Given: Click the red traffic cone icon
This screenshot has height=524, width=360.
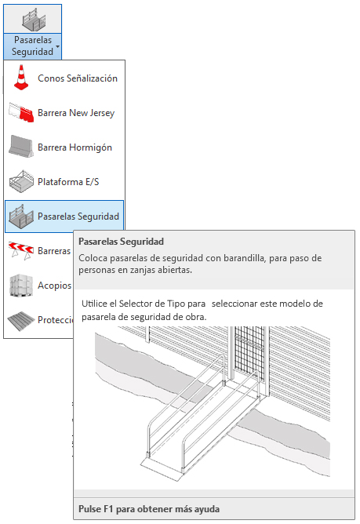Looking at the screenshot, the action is click(x=21, y=78).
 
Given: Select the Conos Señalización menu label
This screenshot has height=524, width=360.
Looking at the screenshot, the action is click(x=78, y=78).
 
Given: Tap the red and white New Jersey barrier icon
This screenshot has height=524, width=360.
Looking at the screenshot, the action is click(x=21, y=113).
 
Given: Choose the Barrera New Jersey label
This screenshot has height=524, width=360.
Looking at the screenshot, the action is click(x=76, y=113).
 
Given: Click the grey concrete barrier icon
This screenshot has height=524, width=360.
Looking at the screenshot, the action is click(x=21, y=146).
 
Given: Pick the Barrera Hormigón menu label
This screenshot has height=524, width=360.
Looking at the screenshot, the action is click(x=75, y=147).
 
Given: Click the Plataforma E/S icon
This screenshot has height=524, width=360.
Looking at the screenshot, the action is click(x=21, y=181).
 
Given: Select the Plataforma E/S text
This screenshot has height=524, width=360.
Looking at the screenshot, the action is click(x=68, y=182).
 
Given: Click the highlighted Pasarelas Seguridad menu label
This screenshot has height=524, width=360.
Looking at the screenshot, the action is click(x=78, y=217).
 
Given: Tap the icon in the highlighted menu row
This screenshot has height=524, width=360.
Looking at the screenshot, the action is click(x=21, y=217).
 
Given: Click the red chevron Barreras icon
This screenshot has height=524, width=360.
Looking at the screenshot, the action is click(x=21, y=251).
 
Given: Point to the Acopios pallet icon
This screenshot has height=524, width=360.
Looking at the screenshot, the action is click(x=21, y=285).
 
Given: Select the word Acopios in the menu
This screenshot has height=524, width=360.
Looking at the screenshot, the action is click(x=54, y=286).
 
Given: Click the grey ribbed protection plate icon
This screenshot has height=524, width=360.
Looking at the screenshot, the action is click(x=20, y=321).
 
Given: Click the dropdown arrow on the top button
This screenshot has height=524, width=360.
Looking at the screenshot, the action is click(x=57, y=46).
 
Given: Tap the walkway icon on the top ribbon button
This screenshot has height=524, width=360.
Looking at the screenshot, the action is click(x=34, y=20).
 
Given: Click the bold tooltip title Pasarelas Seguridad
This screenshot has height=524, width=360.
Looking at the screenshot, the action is click(x=121, y=242).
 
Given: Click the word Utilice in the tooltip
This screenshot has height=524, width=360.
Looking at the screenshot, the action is click(x=95, y=304).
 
